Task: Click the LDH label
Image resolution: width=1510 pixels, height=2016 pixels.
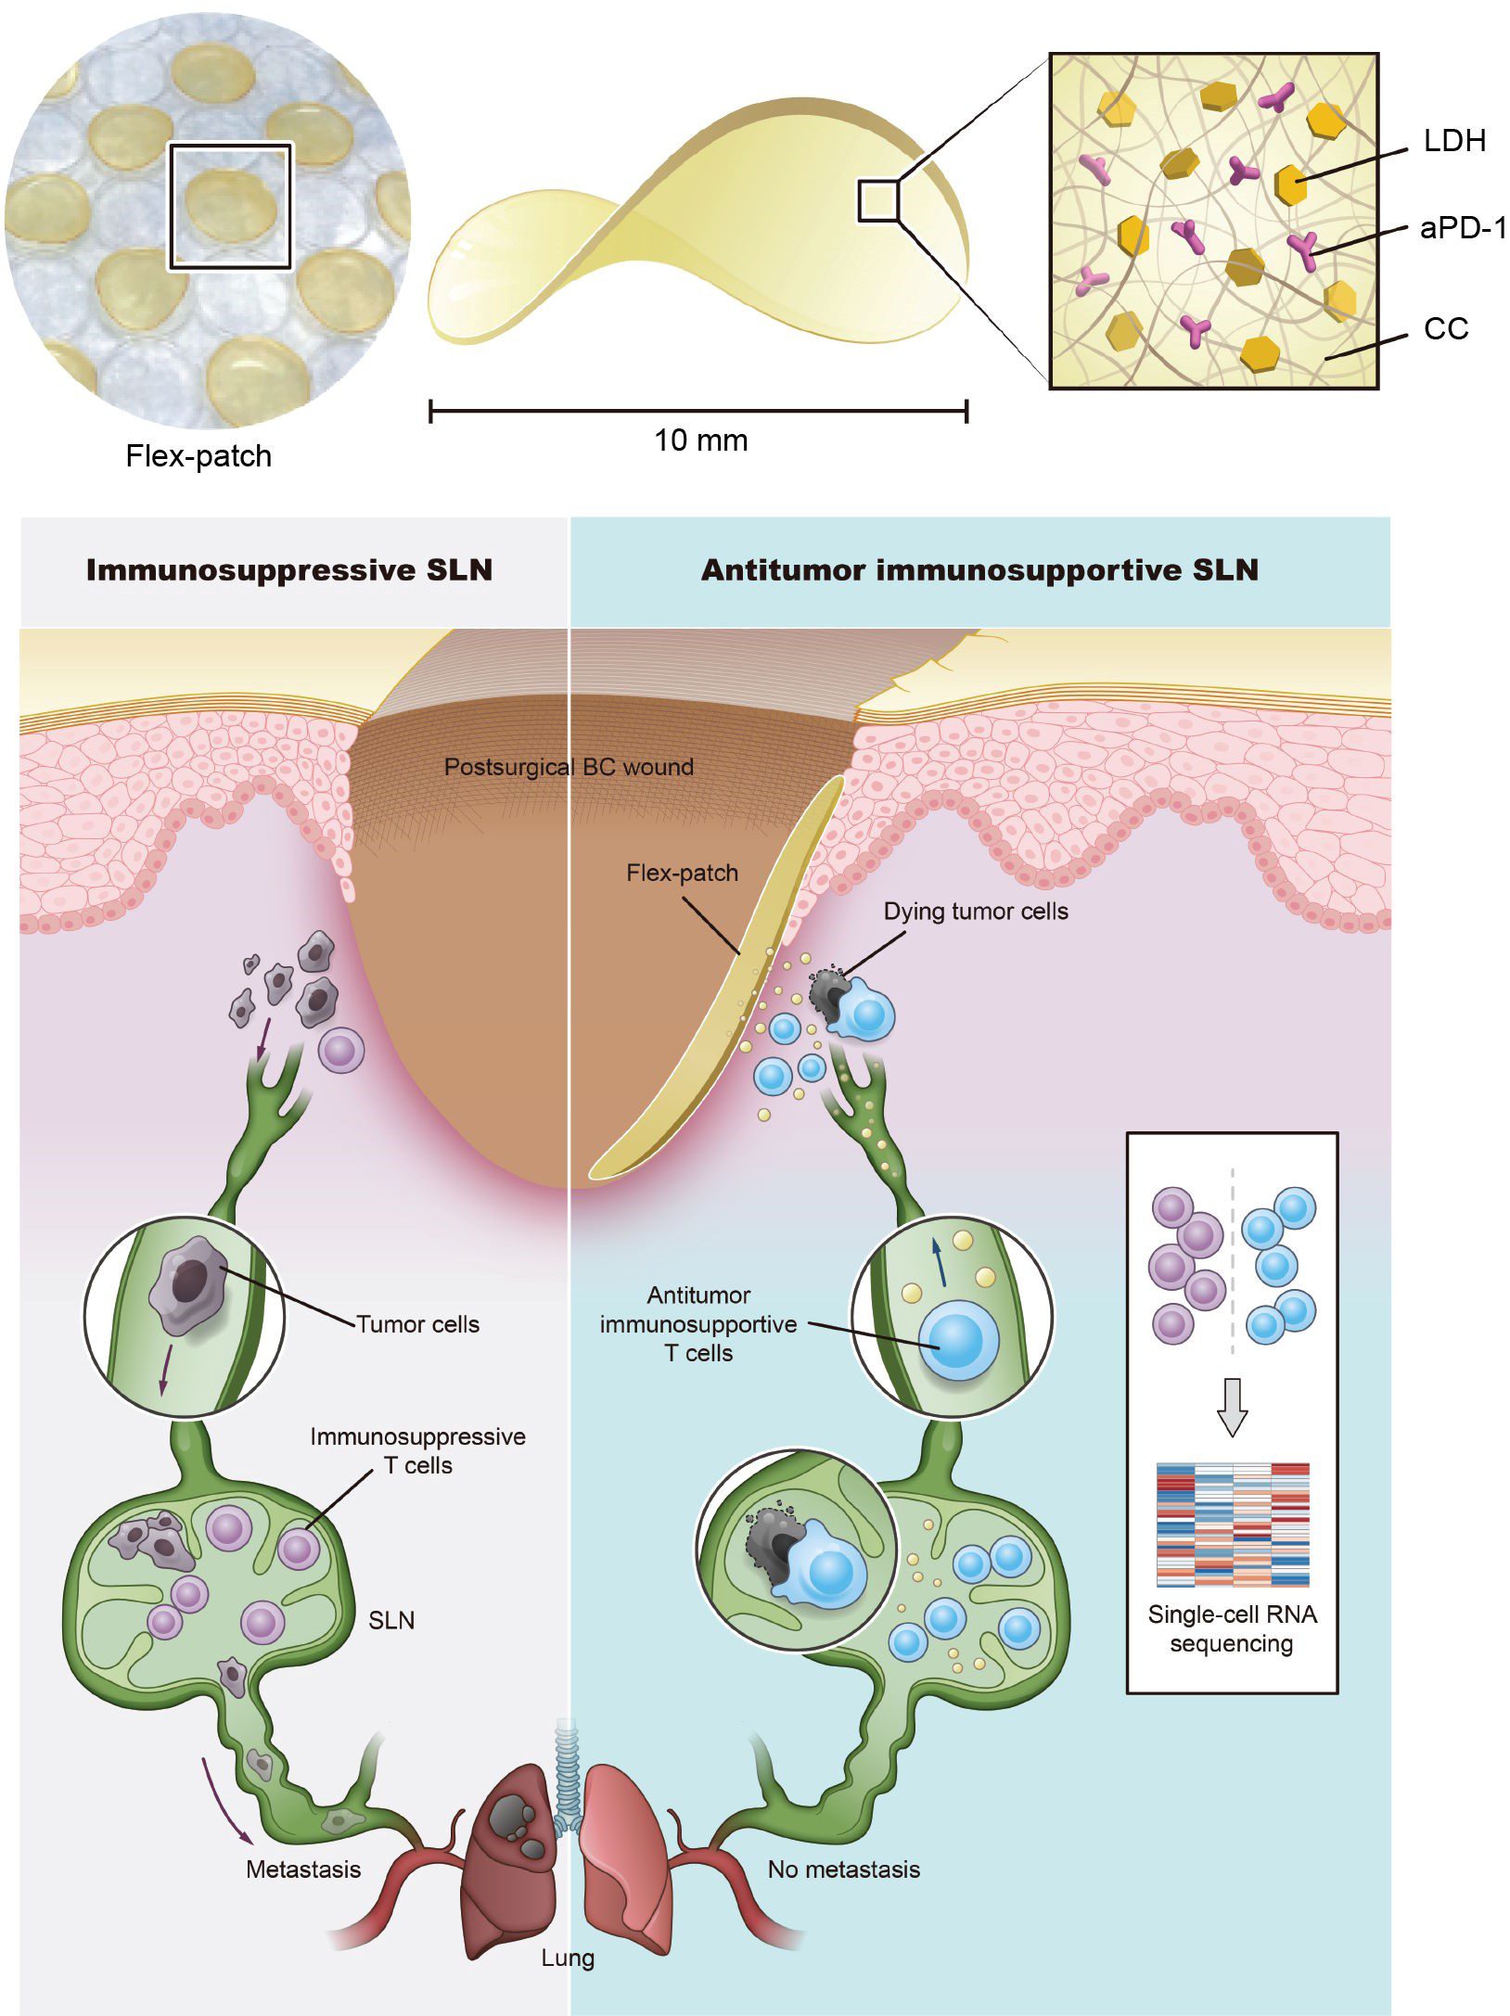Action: point(1454,141)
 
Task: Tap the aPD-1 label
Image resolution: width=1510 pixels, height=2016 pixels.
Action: point(1463,228)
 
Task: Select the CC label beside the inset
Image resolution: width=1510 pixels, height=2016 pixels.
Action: point(1445,328)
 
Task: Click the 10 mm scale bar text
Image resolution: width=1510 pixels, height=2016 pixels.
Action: point(700,440)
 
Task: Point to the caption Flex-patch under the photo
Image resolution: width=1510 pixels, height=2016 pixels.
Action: point(198,455)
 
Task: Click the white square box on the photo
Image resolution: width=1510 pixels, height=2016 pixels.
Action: point(229,206)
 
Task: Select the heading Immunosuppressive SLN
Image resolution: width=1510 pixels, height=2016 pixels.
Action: point(288,569)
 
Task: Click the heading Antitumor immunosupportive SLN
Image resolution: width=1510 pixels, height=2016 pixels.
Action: point(979,569)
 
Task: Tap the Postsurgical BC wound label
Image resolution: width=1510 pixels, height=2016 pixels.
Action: point(568,767)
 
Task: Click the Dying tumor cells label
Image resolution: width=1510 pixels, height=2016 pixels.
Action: point(975,911)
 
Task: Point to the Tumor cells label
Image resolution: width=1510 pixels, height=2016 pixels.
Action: point(417,1323)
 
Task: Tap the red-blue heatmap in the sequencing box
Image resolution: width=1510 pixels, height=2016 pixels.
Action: point(1232,1524)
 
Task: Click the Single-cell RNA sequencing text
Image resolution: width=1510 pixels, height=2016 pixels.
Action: point(1232,1628)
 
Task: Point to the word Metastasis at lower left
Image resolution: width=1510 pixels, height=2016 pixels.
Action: point(303,1869)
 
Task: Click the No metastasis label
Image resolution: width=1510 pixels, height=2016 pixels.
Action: point(843,1869)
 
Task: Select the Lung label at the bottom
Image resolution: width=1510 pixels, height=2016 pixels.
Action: point(568,1958)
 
